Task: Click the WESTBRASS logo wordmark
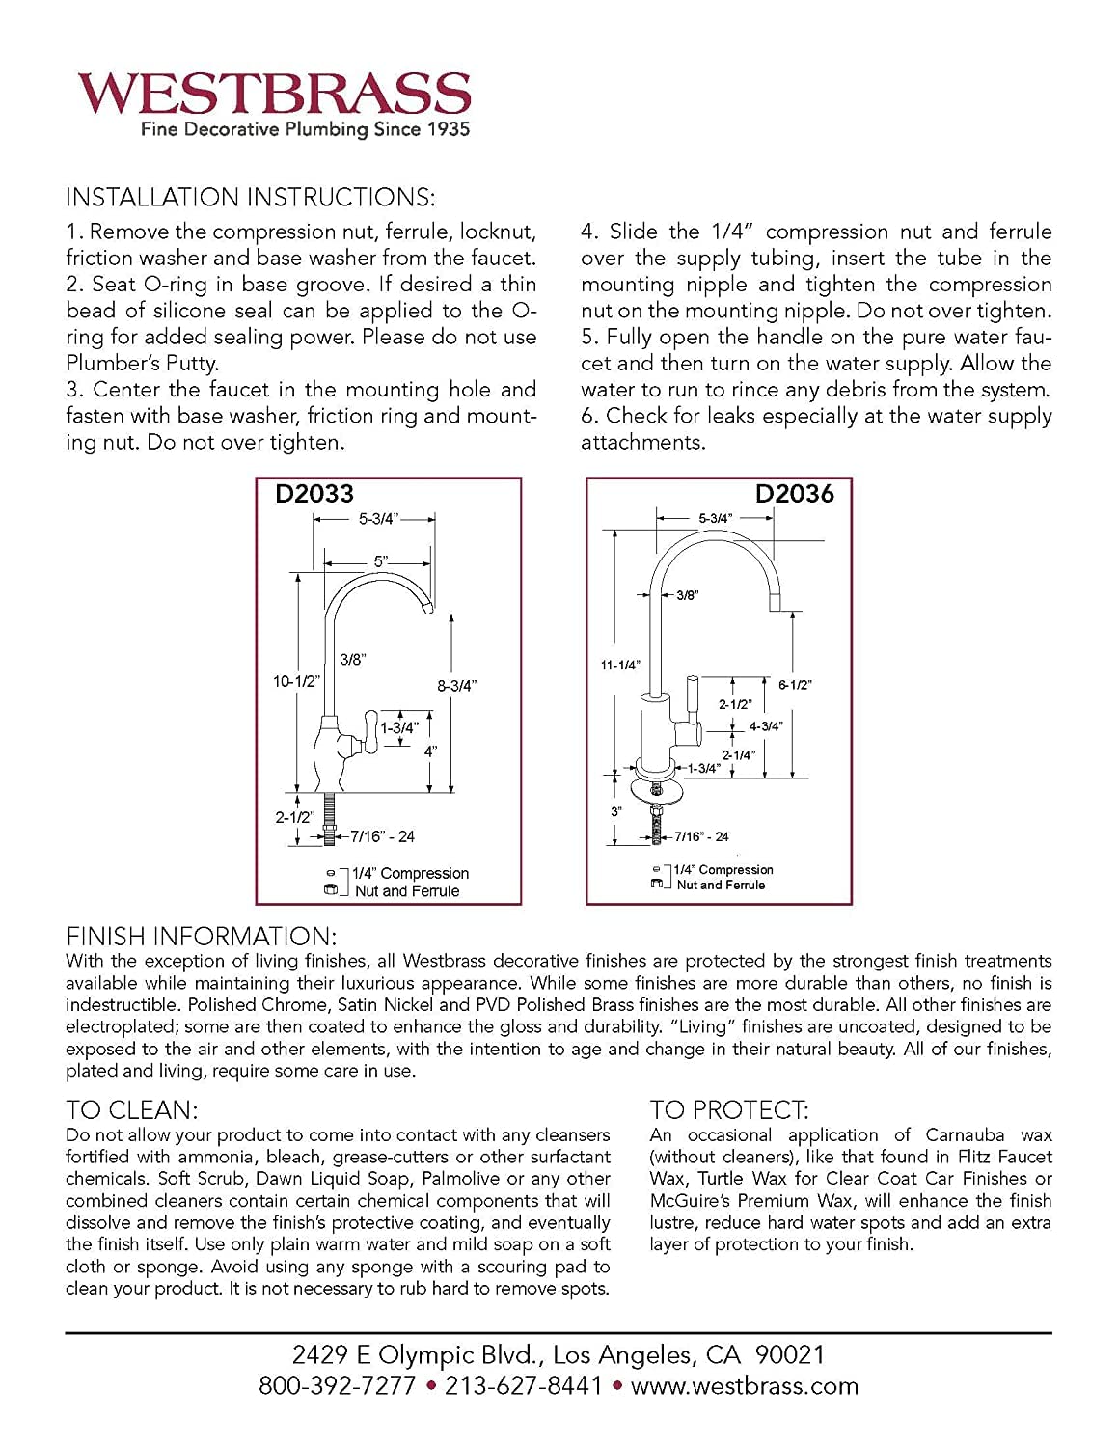pyautogui.click(x=274, y=94)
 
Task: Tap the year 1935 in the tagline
pyautogui.click(x=448, y=129)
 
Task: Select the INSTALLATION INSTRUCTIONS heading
pyautogui.click(x=250, y=198)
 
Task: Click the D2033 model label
pyautogui.click(x=314, y=494)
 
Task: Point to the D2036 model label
pyautogui.click(x=794, y=494)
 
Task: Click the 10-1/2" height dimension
pyautogui.click(x=295, y=681)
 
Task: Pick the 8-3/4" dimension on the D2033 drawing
pyautogui.click(x=456, y=686)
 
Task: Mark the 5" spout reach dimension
pyautogui.click(x=381, y=560)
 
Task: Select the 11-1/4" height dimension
pyautogui.click(x=620, y=665)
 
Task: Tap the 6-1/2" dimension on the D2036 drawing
pyautogui.click(x=795, y=685)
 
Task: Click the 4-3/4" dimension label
pyautogui.click(x=766, y=726)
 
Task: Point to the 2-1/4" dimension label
pyautogui.click(x=739, y=755)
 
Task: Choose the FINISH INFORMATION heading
pyautogui.click(x=201, y=937)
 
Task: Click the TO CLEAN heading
pyautogui.click(x=131, y=1110)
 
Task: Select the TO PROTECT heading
pyautogui.click(x=729, y=1110)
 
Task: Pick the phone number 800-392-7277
pyautogui.click(x=337, y=1386)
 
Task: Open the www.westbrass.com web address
pyautogui.click(x=744, y=1386)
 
